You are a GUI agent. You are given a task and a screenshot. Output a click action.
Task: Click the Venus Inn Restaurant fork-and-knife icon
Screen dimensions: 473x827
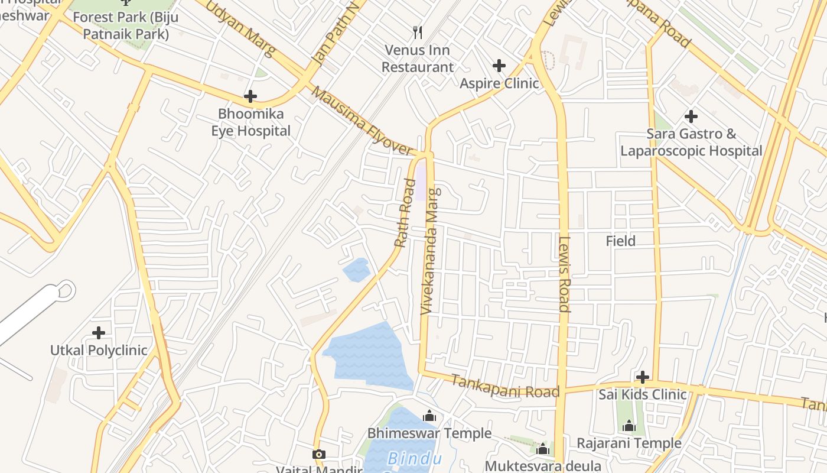(x=418, y=32)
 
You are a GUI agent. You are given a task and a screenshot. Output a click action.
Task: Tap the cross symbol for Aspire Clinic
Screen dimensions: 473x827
(x=499, y=65)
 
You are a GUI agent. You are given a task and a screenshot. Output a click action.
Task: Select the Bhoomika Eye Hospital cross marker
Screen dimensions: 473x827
(x=250, y=96)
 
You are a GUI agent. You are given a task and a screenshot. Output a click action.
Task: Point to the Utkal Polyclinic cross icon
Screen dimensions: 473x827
(x=99, y=333)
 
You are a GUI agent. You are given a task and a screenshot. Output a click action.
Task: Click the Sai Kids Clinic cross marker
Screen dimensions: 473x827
(x=643, y=377)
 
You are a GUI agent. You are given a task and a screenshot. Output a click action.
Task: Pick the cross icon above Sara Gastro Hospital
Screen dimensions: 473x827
(x=691, y=116)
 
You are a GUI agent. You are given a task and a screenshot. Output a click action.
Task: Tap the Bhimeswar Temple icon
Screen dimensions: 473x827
(x=429, y=416)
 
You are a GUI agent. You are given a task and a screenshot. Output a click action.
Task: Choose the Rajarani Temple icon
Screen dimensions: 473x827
(x=629, y=426)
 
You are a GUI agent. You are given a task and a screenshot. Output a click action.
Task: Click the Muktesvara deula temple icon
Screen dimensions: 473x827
(x=543, y=449)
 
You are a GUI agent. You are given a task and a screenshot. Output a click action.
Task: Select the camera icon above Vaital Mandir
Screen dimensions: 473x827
(x=319, y=454)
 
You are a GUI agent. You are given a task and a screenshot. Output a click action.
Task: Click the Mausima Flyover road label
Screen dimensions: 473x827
(x=361, y=122)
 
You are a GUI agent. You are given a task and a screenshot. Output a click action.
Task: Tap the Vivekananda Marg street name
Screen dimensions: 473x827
(x=431, y=251)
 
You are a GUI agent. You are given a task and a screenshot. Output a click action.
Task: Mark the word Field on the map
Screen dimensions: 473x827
(x=621, y=241)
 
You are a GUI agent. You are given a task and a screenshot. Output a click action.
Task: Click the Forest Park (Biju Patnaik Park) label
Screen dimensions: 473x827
(x=126, y=25)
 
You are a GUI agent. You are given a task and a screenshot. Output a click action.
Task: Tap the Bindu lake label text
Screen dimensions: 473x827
(x=414, y=459)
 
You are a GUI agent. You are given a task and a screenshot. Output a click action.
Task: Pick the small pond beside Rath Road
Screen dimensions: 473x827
(x=357, y=270)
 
